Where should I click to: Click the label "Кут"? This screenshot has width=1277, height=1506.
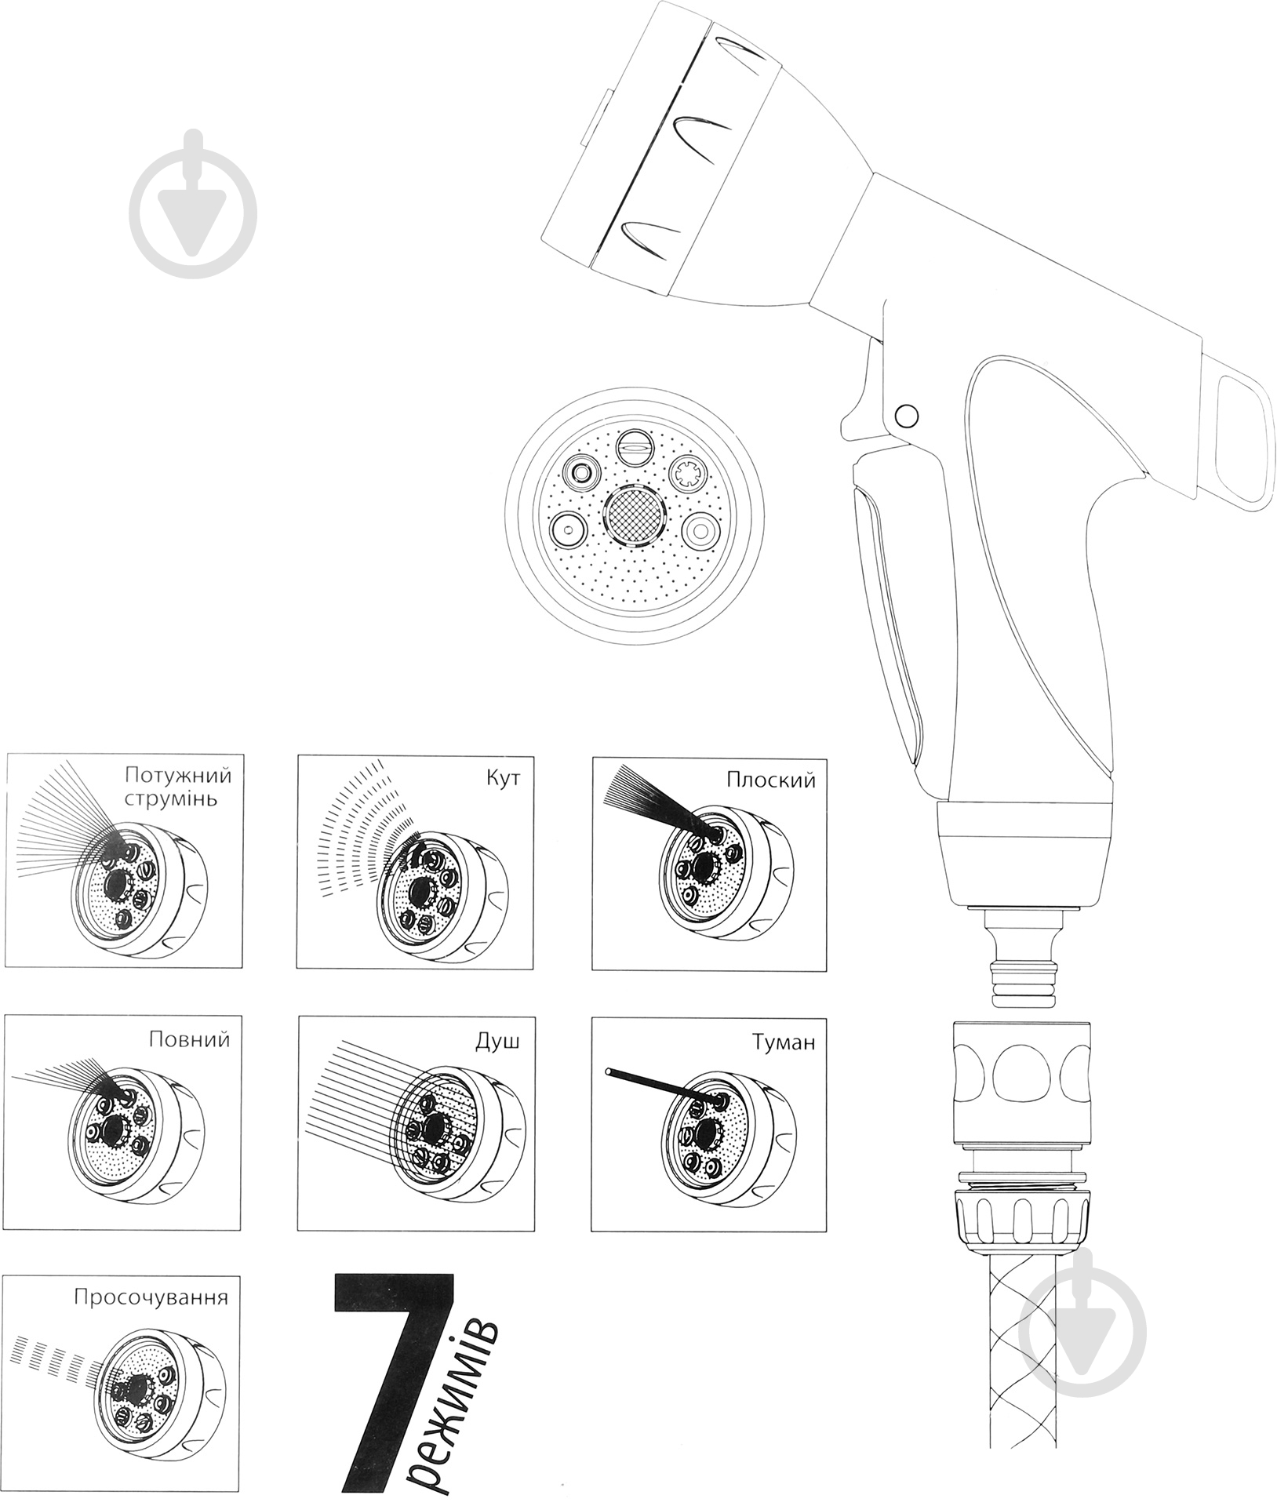(503, 779)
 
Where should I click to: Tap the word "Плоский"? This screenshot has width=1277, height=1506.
(771, 780)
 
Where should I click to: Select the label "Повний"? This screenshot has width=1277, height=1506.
(190, 1040)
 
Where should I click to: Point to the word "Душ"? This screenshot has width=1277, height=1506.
(497, 1042)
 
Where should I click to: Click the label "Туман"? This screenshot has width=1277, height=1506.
(784, 1042)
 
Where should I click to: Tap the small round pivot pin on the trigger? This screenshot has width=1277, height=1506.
(906, 414)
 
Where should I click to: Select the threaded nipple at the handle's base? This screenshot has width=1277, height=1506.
(1023, 959)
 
